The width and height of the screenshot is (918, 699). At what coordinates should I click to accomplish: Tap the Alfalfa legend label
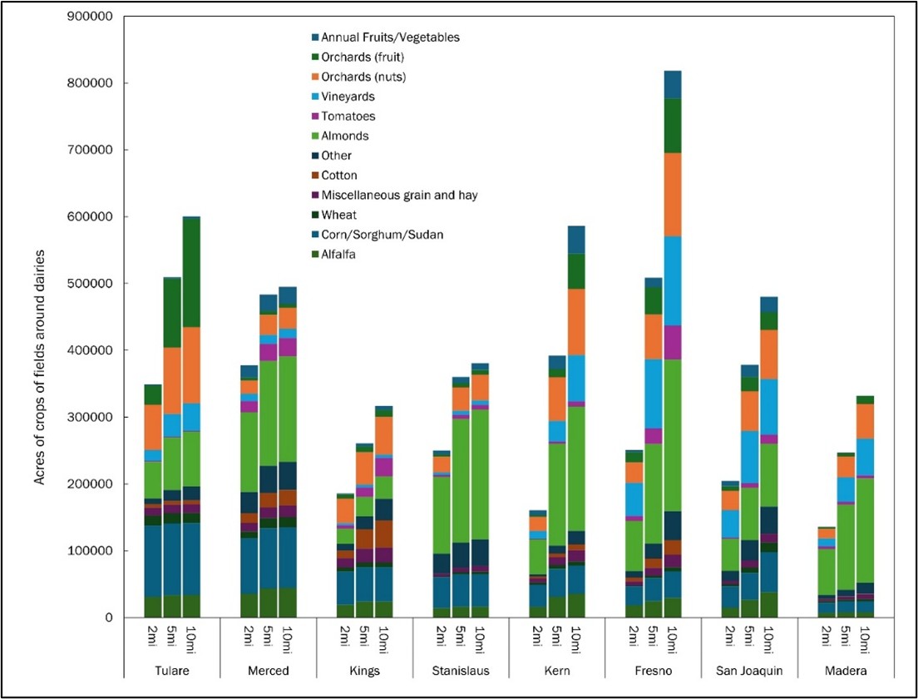[337, 255]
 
